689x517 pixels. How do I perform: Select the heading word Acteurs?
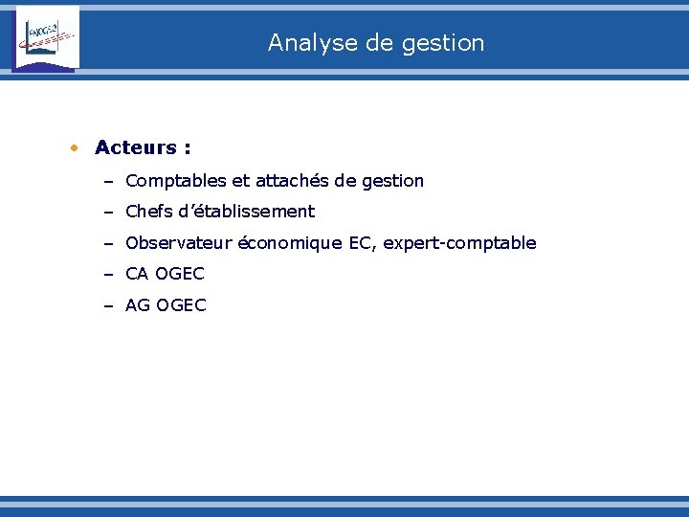[x=136, y=147]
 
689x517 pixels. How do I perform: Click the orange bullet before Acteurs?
[x=74, y=148]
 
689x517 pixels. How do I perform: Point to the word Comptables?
[x=170, y=181]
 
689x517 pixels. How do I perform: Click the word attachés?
[x=293, y=181]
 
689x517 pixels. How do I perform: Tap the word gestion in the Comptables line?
[x=392, y=181]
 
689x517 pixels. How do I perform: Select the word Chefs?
[x=148, y=212]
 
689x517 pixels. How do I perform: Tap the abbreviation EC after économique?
[x=362, y=243]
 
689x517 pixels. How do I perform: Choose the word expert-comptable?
[x=459, y=243]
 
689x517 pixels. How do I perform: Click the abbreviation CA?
[x=137, y=275]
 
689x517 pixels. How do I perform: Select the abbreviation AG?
[x=138, y=306]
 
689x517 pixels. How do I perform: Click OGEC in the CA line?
[x=180, y=275]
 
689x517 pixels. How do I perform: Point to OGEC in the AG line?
[x=181, y=306]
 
